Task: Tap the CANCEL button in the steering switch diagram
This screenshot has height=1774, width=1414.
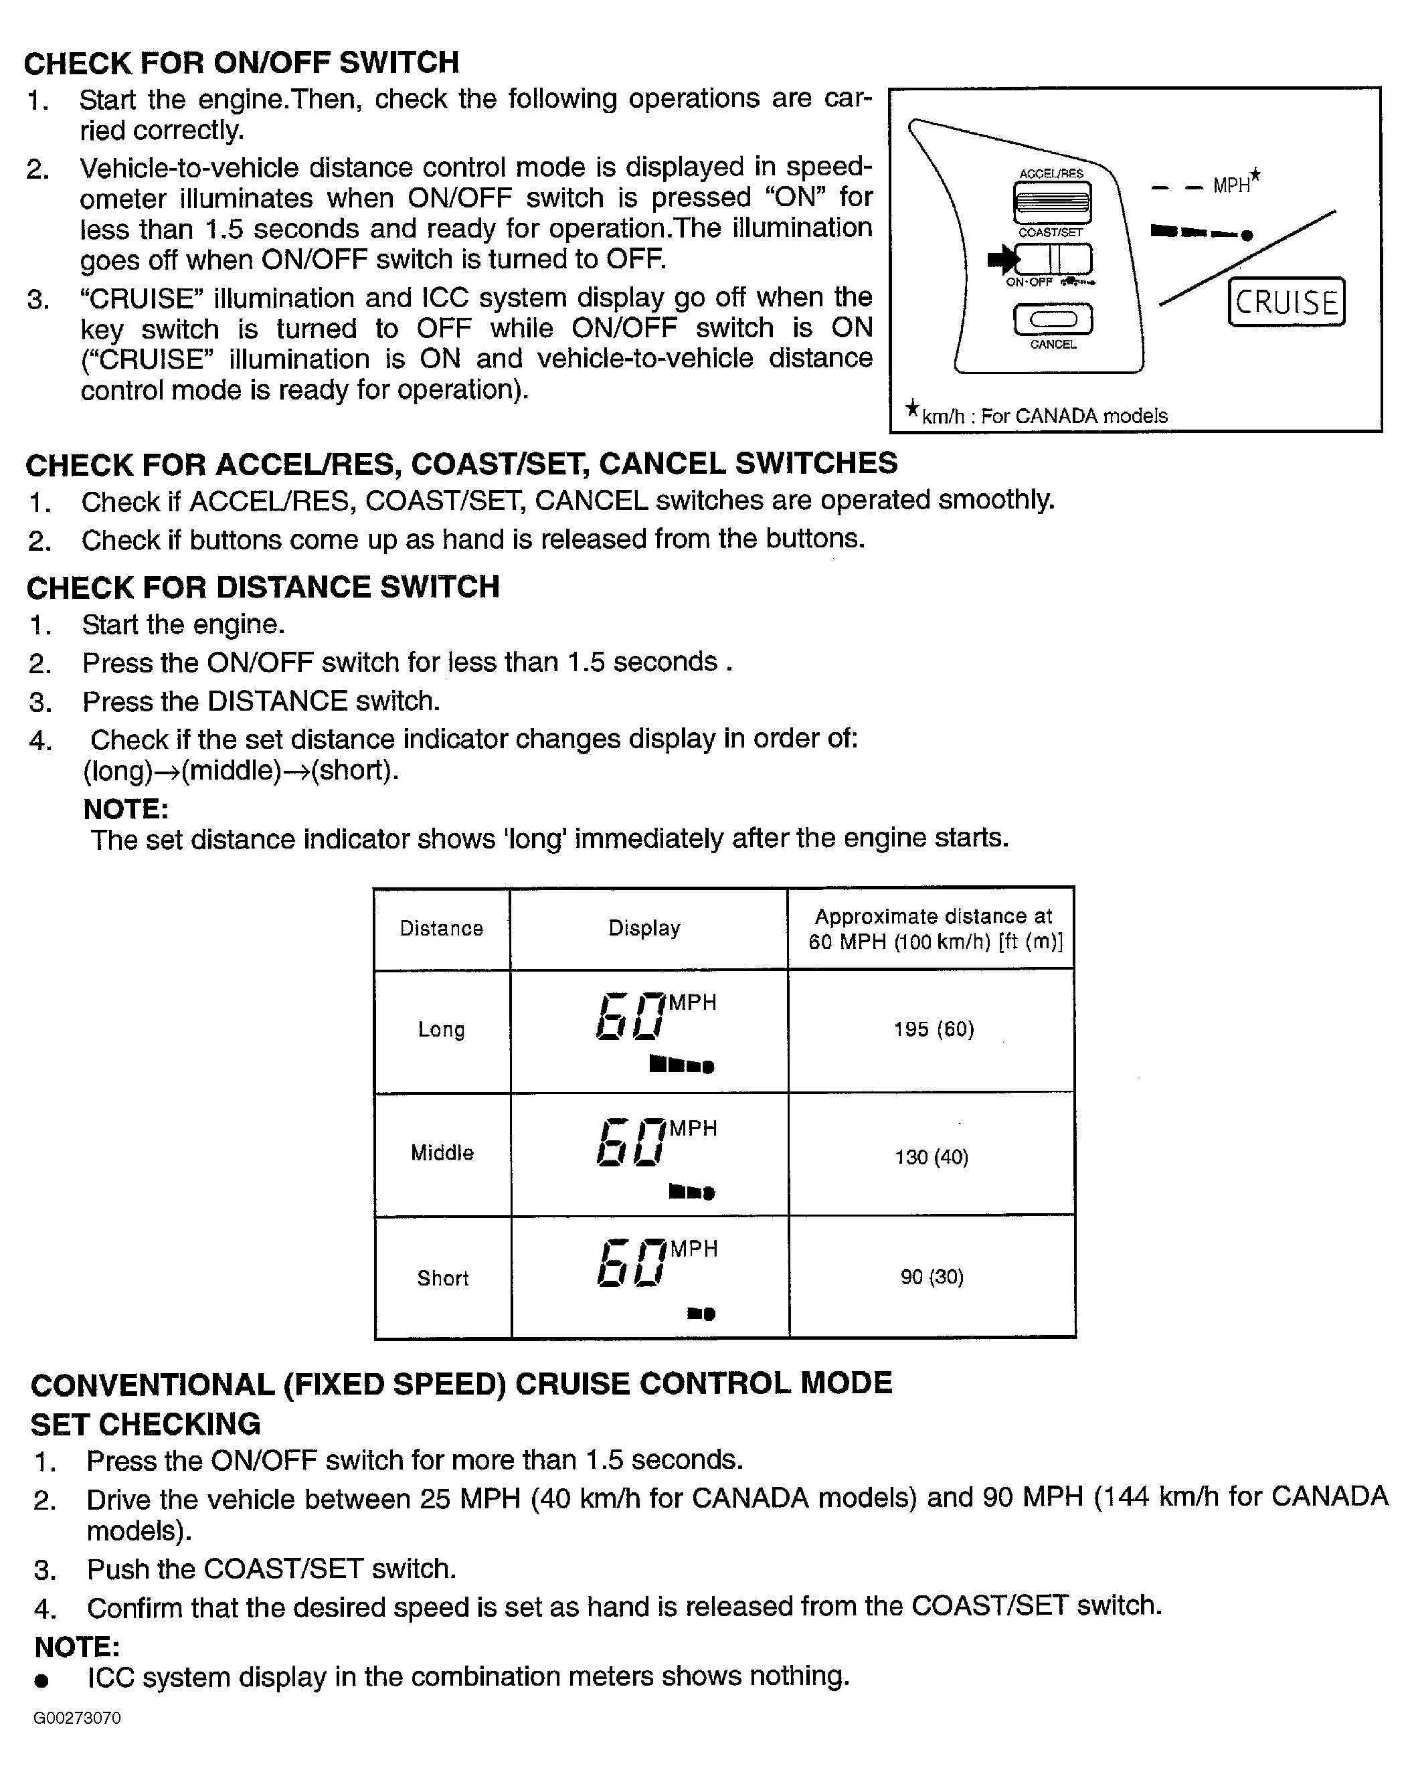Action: (1053, 319)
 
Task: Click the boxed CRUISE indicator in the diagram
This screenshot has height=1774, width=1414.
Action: (1286, 302)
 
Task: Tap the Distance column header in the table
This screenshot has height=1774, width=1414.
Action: (441, 928)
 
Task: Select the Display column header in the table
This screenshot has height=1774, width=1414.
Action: (644, 928)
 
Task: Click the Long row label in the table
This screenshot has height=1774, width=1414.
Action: (441, 1029)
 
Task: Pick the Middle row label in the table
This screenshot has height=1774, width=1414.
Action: (442, 1153)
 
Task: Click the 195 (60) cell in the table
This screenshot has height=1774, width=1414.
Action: (934, 1029)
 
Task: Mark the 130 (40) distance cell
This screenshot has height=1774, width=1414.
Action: (932, 1157)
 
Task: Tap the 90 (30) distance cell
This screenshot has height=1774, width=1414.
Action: (932, 1276)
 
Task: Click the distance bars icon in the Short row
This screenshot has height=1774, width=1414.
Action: (701, 1313)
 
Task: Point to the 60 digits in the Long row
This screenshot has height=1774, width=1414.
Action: (630, 1016)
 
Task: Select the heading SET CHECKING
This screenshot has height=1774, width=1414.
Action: (146, 1424)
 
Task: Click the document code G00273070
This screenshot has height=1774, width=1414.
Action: (78, 1718)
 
